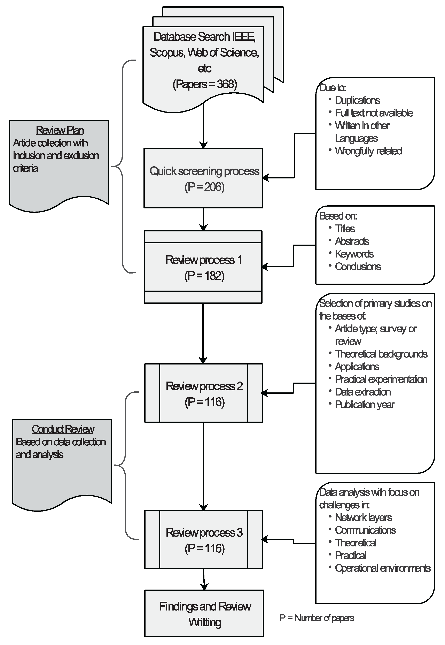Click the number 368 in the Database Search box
point(226,84)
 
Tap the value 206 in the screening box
point(214,187)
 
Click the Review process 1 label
point(204,260)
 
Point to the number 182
point(214,276)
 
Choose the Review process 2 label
point(204,386)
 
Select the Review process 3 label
point(204,533)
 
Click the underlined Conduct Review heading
point(63,429)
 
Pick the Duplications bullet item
point(357,100)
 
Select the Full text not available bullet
point(374,113)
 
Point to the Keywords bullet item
point(354,254)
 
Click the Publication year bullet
point(364,404)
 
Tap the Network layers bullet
point(363,517)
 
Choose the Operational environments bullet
point(383,568)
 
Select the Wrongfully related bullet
point(368,151)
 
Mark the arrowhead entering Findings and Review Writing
point(204,586)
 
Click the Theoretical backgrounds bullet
point(381,354)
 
